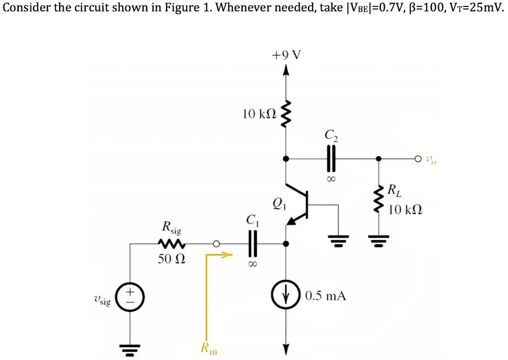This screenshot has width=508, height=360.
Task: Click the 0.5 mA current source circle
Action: coord(286,297)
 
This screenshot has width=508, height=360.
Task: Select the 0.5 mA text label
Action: coord(325,297)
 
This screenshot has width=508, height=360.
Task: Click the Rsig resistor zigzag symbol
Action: coord(172,243)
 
